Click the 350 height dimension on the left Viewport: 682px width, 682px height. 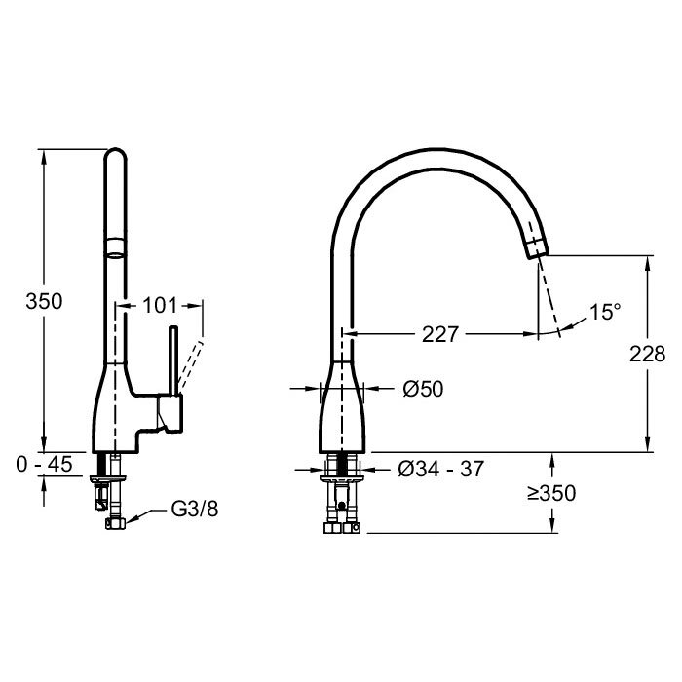coord(44,301)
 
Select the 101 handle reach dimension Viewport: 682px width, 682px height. coord(160,305)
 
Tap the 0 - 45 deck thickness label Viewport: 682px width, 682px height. coord(44,464)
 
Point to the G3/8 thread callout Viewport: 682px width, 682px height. coord(195,509)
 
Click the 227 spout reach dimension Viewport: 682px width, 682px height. coord(440,334)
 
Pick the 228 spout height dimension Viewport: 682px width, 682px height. coord(647,354)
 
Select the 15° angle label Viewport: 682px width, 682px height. coord(605,312)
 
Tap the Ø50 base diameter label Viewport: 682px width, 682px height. coord(423,389)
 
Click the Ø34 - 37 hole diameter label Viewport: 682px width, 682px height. coord(440,469)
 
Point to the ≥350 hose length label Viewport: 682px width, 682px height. coord(551,493)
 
